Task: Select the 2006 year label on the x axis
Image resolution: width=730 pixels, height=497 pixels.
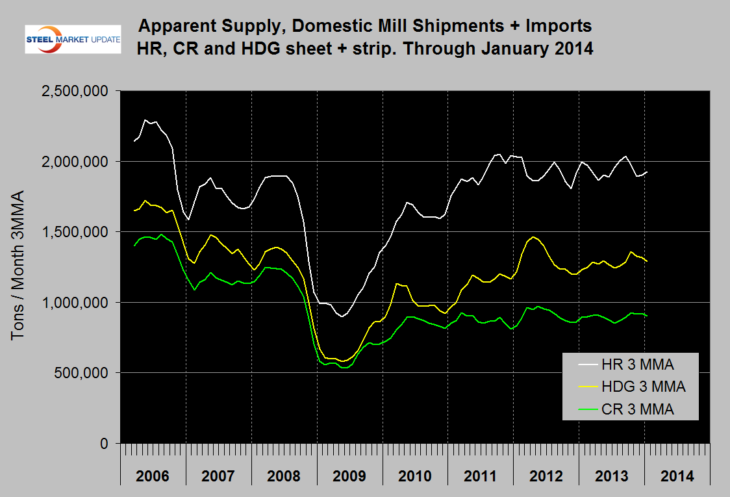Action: [153, 476]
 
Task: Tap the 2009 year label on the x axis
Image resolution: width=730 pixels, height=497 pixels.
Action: [350, 476]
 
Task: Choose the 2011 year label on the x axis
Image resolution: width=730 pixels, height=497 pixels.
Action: [481, 476]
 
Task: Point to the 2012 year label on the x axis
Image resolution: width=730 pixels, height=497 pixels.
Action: [546, 476]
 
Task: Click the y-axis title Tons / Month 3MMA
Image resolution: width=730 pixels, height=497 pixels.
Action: [18, 264]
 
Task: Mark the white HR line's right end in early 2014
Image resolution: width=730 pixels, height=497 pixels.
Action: [646, 172]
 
